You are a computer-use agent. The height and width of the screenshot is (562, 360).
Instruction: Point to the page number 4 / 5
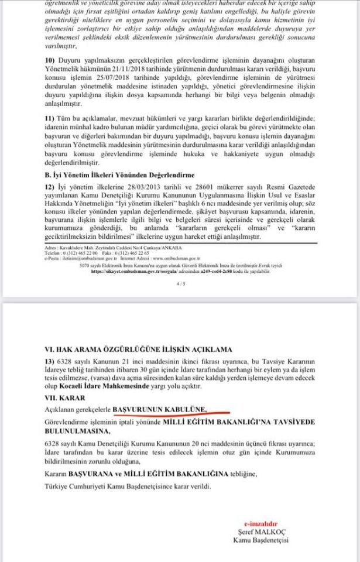pyautogui.click(x=180, y=284)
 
